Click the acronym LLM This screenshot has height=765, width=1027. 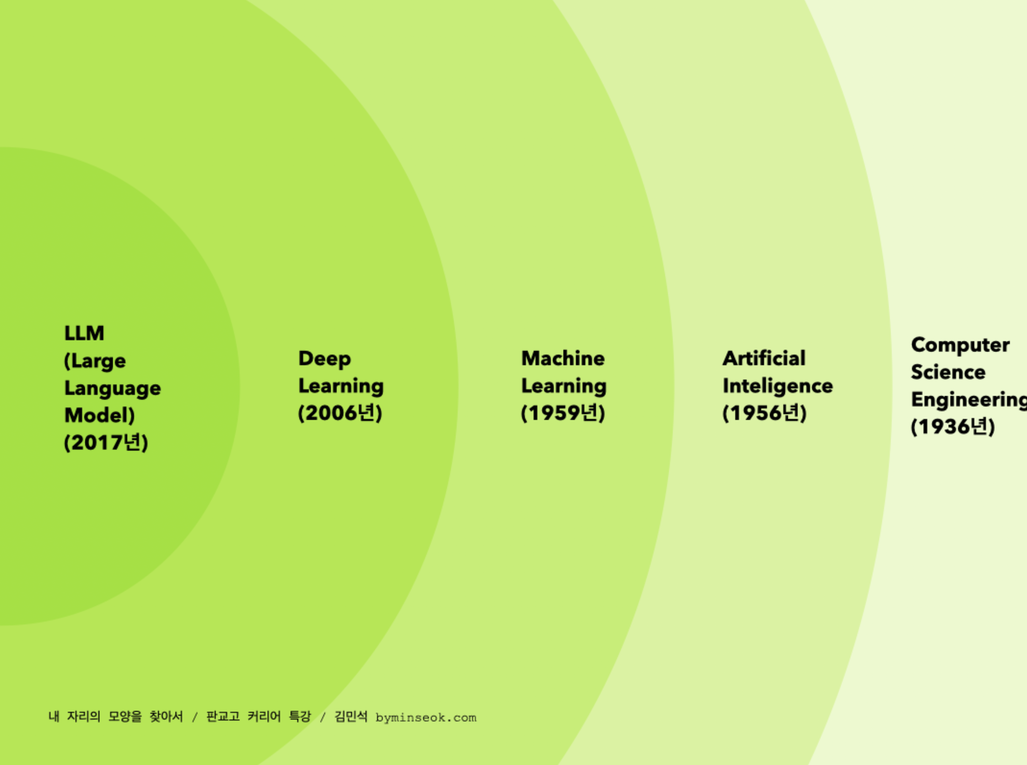tap(84, 333)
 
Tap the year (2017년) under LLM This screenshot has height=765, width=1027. tap(106, 442)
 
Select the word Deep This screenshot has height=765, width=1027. tap(324, 359)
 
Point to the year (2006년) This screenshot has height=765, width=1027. tap(340, 413)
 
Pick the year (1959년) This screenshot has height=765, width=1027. tap(563, 413)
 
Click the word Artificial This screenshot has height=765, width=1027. tap(764, 358)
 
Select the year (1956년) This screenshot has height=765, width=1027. tap(765, 413)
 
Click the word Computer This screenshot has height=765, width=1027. tap(960, 346)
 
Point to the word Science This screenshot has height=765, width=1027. tap(948, 372)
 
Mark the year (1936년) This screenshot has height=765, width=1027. tap(953, 427)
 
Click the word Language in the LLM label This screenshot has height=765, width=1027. tap(112, 388)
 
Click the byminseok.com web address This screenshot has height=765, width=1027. tap(426, 718)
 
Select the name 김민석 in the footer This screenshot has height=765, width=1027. tap(351, 716)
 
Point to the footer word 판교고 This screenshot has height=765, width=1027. tap(223, 716)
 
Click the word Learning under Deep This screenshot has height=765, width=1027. tap(341, 386)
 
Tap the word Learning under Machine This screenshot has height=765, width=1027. tap(564, 386)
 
